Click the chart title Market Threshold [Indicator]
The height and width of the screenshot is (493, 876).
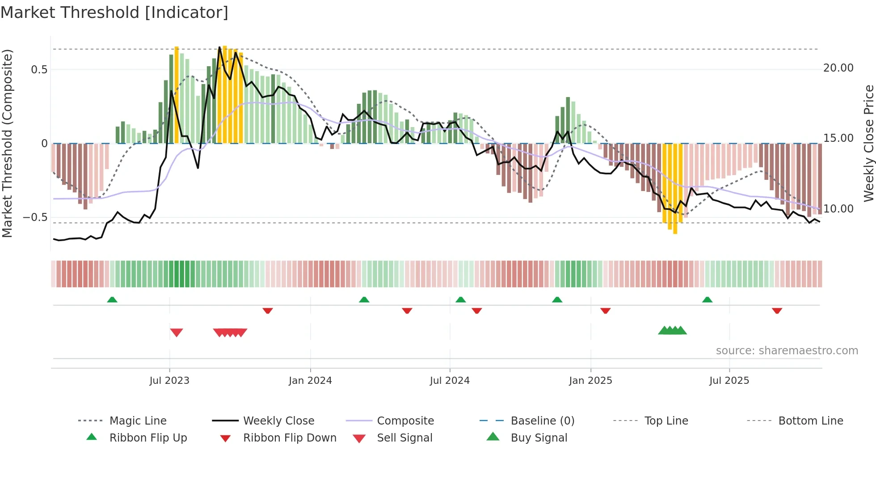tap(114, 13)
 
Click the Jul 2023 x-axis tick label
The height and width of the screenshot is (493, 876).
tap(169, 381)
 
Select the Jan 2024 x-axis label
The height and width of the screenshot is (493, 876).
tap(310, 381)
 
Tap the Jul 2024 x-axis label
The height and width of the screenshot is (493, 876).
tap(450, 381)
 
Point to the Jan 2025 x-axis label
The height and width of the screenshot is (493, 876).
tap(590, 381)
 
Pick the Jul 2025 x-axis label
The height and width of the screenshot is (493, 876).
tap(729, 381)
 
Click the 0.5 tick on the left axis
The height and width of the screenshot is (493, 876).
tap(39, 70)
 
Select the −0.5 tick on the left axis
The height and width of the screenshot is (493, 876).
tap(35, 217)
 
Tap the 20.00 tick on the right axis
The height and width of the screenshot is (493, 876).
tap(838, 68)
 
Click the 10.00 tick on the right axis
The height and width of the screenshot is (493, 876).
tap(838, 209)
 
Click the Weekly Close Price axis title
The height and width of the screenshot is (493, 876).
tap(868, 143)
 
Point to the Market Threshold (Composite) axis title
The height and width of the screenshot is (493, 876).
tap(7, 143)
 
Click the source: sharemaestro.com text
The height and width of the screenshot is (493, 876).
tap(787, 351)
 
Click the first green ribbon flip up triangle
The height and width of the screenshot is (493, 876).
tap(112, 300)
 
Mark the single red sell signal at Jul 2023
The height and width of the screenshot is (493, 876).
tap(177, 332)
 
